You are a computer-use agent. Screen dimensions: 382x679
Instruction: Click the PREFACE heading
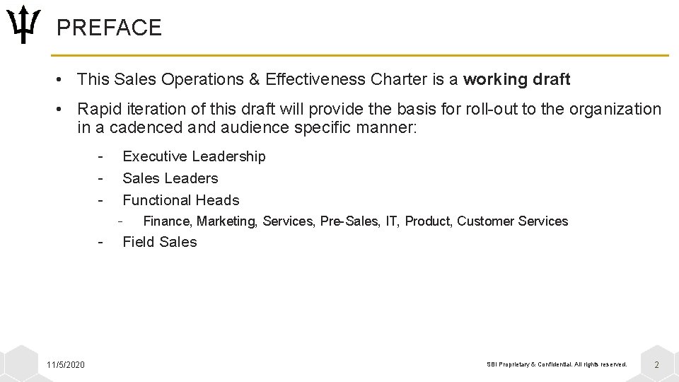tap(109, 28)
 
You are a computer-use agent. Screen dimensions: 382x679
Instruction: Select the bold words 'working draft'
tap(516, 80)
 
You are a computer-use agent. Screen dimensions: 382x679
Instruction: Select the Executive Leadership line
tap(194, 156)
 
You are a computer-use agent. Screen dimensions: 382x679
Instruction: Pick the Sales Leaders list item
tap(170, 178)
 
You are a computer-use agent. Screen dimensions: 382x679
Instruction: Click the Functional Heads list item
tap(180, 200)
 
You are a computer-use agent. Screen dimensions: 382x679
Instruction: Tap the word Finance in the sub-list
tap(166, 221)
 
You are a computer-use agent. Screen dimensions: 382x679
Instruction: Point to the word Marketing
tap(227, 221)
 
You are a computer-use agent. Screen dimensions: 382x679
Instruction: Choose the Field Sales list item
tap(159, 242)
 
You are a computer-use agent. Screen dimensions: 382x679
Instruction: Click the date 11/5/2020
tap(65, 364)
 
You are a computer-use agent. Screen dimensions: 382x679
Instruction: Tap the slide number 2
tap(656, 365)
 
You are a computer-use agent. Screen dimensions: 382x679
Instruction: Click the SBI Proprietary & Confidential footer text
tap(557, 364)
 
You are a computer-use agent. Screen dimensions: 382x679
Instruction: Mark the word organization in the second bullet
tap(615, 110)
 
